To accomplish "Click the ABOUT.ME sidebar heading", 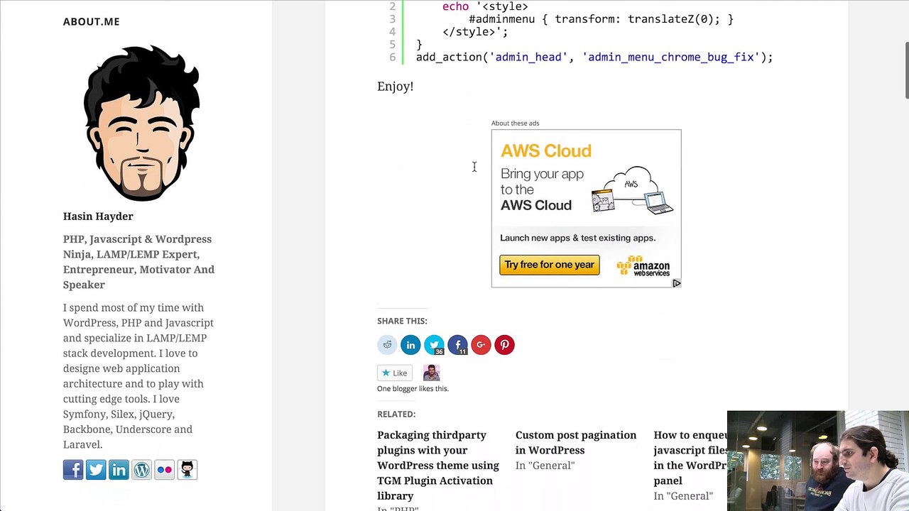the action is [92, 21].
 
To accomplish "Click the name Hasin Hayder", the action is [98, 216].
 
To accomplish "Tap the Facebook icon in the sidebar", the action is [73, 470].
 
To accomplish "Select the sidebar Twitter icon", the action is [96, 470].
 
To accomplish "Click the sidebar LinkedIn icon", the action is [119, 470].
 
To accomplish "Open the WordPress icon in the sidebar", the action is [141, 470].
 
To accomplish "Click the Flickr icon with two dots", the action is [164, 470].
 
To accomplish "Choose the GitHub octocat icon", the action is [187, 470].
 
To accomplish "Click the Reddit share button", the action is [387, 345].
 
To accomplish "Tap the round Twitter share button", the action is [434, 345].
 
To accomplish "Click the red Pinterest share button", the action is [504, 345].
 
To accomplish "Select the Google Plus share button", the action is [481, 345].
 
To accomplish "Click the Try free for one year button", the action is [550, 265].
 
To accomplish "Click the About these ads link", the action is [515, 123].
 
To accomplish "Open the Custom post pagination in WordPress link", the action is [576, 442].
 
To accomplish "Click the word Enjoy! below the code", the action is [396, 87].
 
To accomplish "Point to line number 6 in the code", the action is [393, 57].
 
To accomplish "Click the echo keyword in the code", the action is [455, 6].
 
